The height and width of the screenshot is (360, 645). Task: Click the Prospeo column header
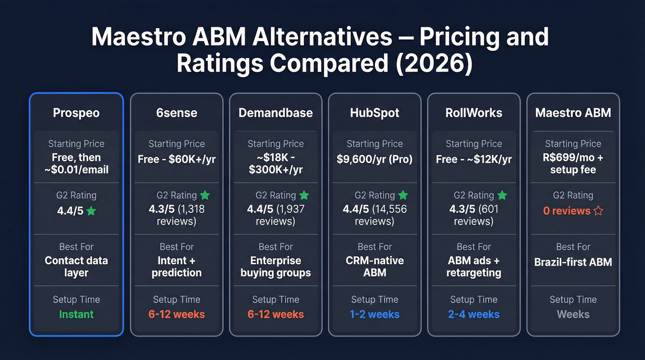tap(76, 113)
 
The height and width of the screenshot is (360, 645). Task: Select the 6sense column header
tap(176, 113)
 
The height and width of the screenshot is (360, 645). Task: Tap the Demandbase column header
tap(276, 113)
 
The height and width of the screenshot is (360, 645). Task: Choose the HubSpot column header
tap(375, 113)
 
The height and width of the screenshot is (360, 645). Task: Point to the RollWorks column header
tap(474, 113)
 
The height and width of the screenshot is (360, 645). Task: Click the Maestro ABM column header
tap(573, 113)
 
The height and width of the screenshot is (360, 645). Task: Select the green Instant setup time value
tap(76, 314)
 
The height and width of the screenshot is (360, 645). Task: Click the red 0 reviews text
tap(567, 211)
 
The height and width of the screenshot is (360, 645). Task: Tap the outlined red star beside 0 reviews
tap(598, 211)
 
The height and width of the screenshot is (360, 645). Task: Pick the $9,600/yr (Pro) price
tap(375, 159)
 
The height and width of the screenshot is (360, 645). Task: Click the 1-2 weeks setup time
tap(375, 314)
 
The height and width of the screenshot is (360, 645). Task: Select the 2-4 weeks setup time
tap(474, 314)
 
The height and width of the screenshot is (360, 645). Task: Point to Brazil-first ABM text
tap(573, 262)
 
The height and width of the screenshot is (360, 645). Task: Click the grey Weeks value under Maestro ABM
tap(573, 314)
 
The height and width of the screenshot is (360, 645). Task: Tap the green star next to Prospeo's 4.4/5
tap(91, 211)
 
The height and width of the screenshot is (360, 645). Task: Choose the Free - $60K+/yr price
tap(176, 159)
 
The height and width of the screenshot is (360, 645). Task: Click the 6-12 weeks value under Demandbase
tap(276, 314)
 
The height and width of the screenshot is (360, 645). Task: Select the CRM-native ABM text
tap(375, 266)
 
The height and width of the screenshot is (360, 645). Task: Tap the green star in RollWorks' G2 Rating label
tap(502, 195)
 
